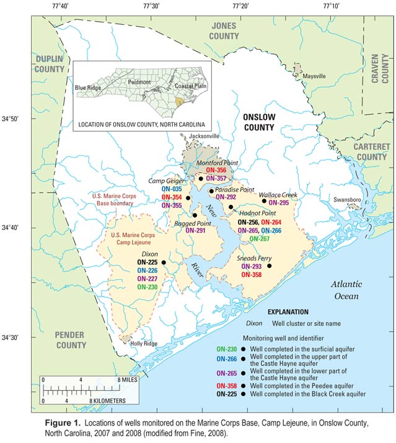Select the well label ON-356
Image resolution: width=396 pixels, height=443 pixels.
click(216, 170)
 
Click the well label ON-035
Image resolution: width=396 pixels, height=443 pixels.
click(172, 188)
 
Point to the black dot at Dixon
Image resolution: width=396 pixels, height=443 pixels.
click(164, 262)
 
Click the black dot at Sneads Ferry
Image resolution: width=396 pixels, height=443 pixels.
click(269, 266)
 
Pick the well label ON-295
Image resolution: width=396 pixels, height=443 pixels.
click(278, 203)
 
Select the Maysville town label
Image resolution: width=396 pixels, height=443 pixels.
click(314, 76)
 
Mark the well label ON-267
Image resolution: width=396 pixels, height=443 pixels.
click(259, 238)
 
